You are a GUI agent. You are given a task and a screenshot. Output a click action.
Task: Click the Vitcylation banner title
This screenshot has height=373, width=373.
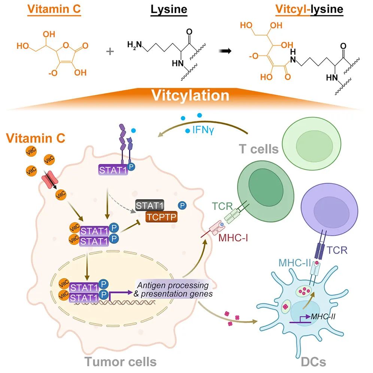pos(190,95)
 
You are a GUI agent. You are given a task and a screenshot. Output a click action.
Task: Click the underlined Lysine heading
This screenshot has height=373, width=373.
pos(169,10)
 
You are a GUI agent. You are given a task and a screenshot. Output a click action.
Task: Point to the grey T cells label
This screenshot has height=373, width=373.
pos(259,149)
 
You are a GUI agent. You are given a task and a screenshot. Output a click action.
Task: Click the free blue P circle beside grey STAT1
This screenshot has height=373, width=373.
pos(182,205)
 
